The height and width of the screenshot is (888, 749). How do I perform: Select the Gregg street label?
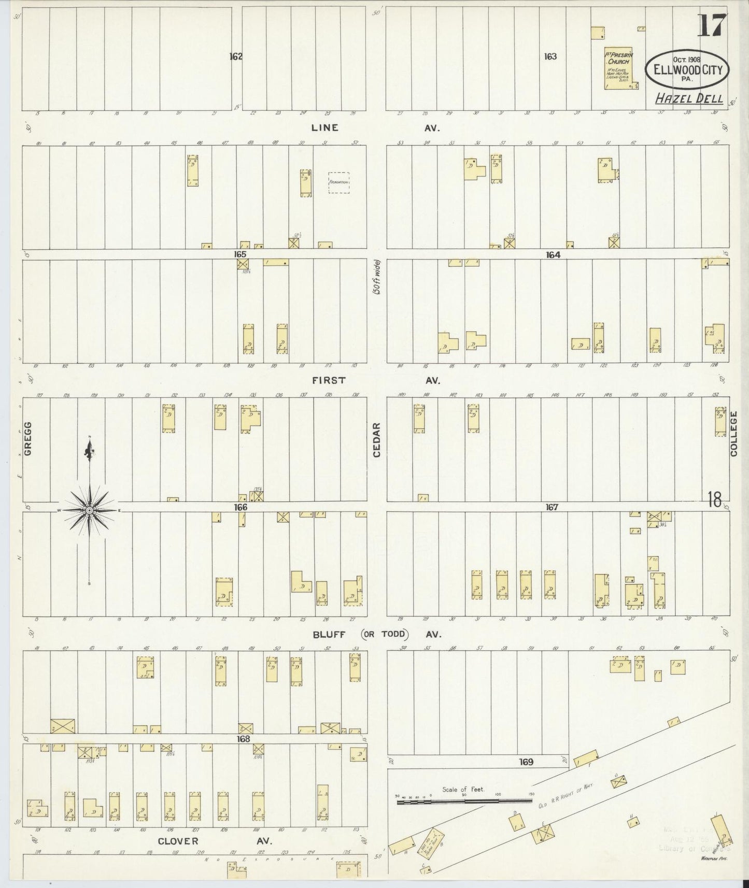coord(28,438)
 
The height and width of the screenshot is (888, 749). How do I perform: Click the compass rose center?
coord(89,511)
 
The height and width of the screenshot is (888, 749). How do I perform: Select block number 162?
coord(236,56)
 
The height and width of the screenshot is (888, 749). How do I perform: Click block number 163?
coord(550,56)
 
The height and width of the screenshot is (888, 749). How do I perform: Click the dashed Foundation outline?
coord(338,182)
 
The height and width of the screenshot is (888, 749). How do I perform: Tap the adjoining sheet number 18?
coord(714,499)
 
